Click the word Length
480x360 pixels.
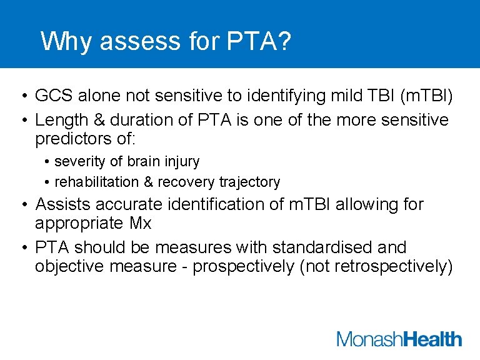pyautogui.click(x=59, y=119)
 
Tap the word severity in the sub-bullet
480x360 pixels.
pyautogui.click(x=79, y=161)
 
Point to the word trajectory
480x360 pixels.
pyautogui.click(x=249, y=182)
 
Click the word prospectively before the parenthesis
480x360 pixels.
pyautogui.click(x=243, y=266)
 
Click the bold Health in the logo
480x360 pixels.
pyautogui.click(x=432, y=339)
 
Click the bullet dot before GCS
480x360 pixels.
pyautogui.click(x=22, y=96)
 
